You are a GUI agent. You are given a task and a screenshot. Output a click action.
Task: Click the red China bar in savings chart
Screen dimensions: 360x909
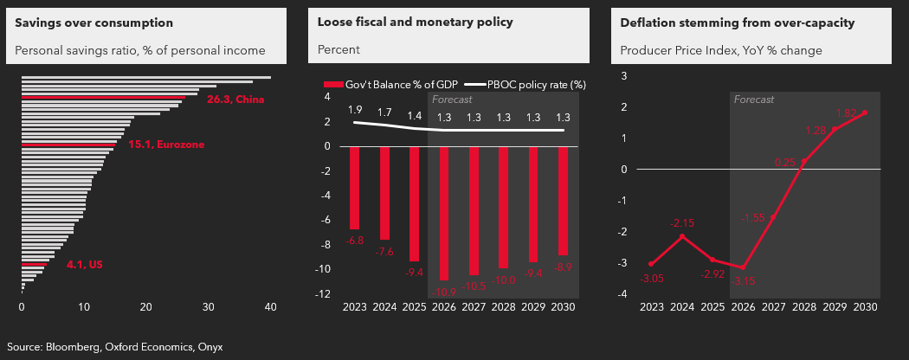[x=104, y=98]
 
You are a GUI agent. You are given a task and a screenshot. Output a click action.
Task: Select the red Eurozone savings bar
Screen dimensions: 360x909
[x=69, y=145]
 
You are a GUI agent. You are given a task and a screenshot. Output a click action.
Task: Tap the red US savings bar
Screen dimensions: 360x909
[x=35, y=264]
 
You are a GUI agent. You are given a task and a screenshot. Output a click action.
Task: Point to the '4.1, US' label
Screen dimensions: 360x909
[x=85, y=264]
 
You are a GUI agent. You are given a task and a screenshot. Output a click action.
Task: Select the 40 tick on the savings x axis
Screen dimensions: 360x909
[x=270, y=306]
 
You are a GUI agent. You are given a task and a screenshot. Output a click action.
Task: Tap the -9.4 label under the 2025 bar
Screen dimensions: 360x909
[x=416, y=272]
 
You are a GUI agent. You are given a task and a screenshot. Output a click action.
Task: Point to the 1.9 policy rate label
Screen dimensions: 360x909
[x=355, y=110]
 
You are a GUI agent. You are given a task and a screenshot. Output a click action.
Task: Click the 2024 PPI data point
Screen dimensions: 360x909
[x=682, y=236]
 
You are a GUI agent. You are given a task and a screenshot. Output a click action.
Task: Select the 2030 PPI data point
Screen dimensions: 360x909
[x=864, y=112]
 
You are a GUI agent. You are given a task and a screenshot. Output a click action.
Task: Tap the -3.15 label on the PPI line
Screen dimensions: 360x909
[x=743, y=281]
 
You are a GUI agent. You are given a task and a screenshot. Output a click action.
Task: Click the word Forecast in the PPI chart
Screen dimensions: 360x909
[x=753, y=100]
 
